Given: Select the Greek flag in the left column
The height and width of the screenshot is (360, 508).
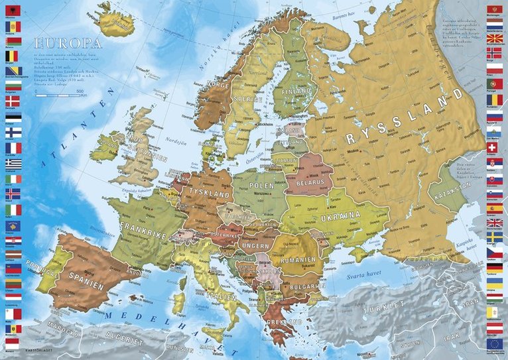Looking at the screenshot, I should coord(13,163).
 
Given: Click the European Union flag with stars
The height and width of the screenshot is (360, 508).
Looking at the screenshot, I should coord(494,343).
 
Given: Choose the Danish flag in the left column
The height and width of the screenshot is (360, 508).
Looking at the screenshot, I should coord(13,101).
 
